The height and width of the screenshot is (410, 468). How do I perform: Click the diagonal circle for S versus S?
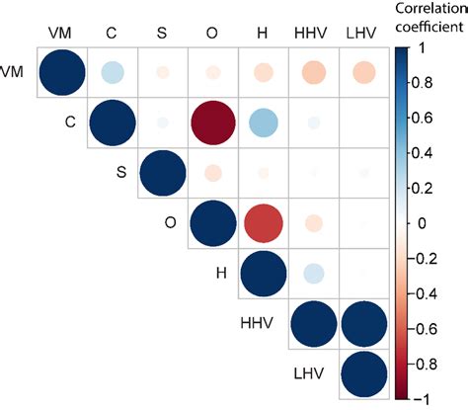[x=162, y=173]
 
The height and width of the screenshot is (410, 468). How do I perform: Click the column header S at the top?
[x=162, y=33]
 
